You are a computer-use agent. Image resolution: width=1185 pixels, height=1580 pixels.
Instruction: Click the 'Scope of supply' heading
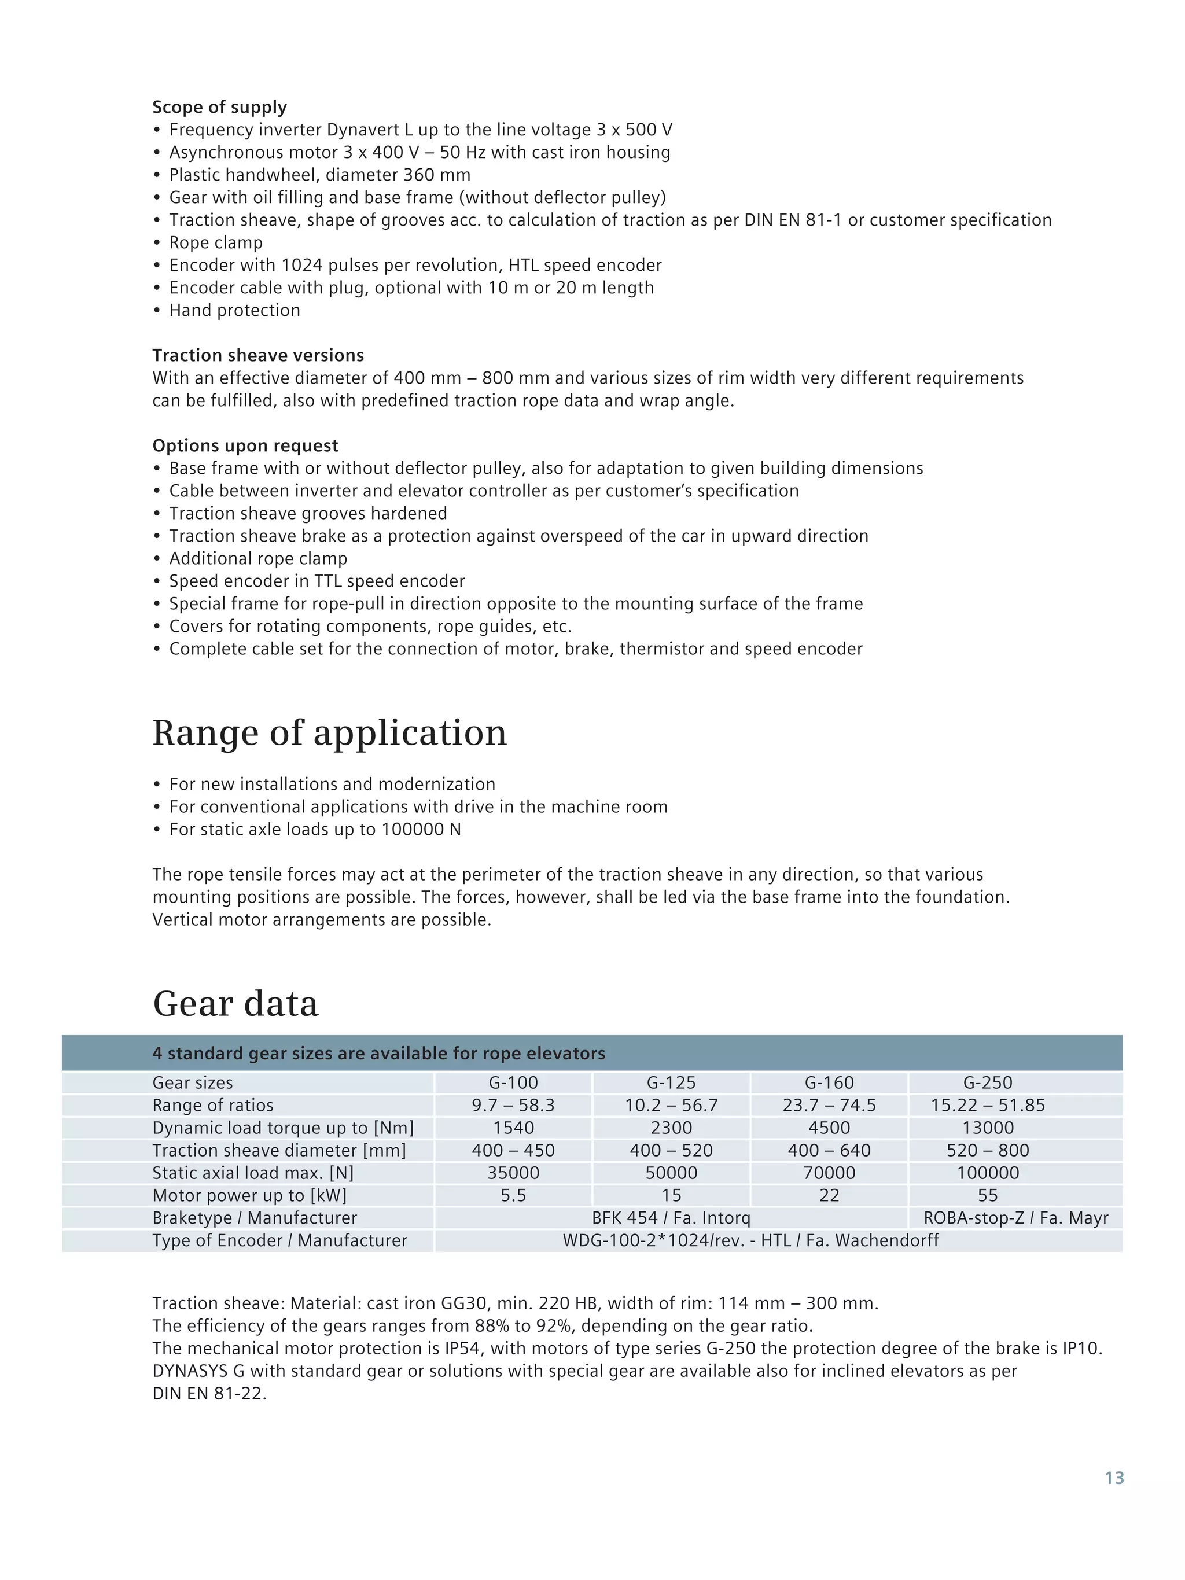click(x=219, y=107)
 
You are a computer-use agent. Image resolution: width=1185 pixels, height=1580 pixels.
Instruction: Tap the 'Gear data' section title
click(x=235, y=1004)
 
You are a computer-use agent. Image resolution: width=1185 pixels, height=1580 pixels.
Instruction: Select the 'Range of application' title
click(x=329, y=733)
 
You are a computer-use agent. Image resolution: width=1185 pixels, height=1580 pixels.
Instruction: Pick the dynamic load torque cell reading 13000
click(x=987, y=1128)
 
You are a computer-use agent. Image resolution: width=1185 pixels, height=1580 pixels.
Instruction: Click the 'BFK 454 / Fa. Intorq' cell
click(x=671, y=1218)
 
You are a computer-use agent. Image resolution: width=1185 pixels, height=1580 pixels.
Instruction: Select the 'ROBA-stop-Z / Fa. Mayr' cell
click(x=1015, y=1218)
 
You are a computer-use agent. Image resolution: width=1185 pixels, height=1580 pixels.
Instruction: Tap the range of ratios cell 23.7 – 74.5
click(x=829, y=1106)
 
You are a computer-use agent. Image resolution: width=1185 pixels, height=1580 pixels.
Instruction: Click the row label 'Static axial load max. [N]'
click(x=253, y=1173)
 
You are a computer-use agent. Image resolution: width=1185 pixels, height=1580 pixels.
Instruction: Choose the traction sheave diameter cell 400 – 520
click(x=671, y=1151)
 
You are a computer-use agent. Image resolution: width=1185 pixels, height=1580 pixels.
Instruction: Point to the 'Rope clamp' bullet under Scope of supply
click(x=216, y=243)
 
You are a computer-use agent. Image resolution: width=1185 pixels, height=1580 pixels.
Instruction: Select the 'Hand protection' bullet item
click(x=234, y=311)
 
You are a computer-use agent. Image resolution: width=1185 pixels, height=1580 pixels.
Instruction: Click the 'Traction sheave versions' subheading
click(x=258, y=356)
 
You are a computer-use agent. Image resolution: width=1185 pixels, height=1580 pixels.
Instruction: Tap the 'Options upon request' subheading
click(x=245, y=445)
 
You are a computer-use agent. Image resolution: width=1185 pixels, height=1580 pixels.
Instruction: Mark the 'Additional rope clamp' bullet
click(x=258, y=558)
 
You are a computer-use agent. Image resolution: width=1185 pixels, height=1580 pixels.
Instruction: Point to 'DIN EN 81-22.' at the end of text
click(x=209, y=1394)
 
